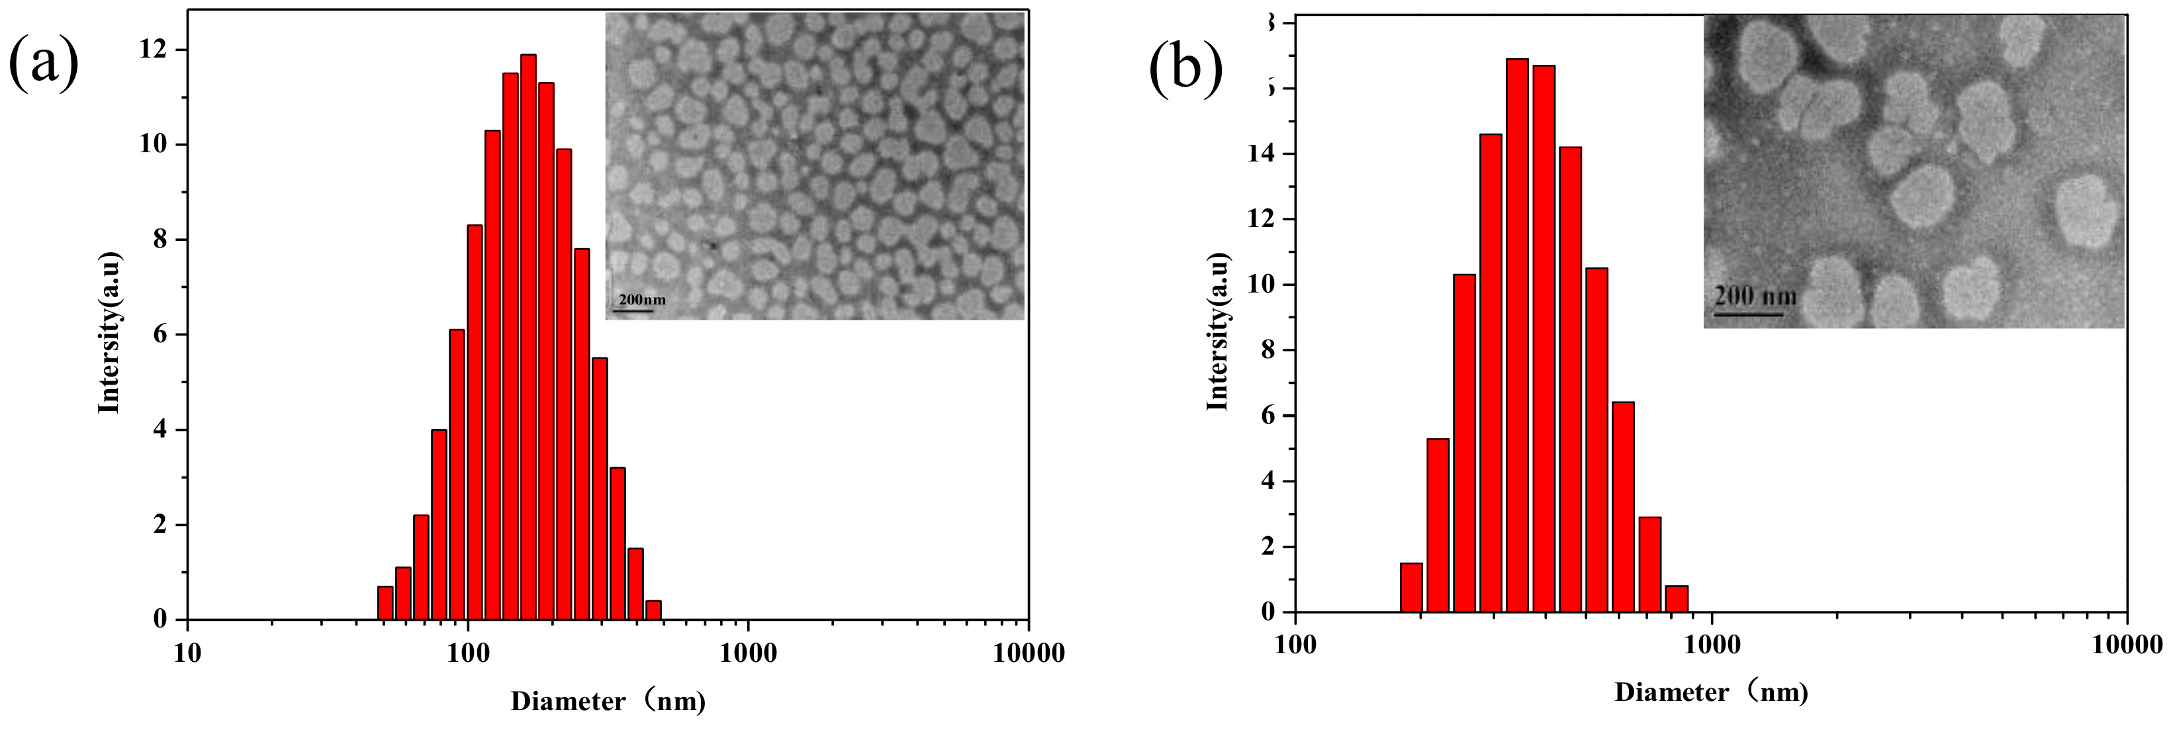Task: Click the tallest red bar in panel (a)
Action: (528, 337)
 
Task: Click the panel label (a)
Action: (44, 63)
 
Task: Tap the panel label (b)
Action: (1185, 68)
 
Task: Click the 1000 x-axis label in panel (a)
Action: (749, 654)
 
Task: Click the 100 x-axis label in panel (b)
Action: (1295, 645)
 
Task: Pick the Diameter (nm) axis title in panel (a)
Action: (608, 701)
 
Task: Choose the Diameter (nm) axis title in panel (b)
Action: (1711, 692)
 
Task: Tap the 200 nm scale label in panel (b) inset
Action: (1755, 297)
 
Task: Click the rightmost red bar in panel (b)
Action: (1677, 598)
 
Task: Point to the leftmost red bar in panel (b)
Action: (1411, 587)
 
